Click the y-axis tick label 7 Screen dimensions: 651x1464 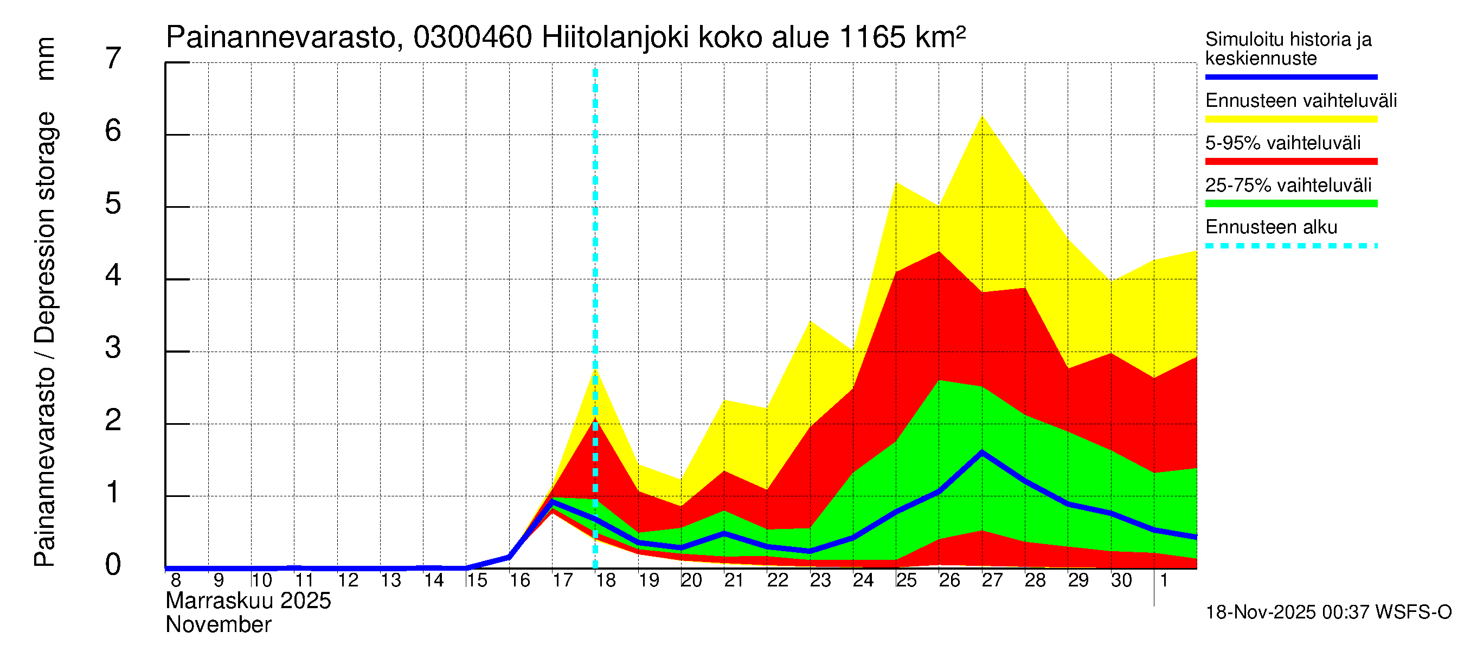[x=113, y=59]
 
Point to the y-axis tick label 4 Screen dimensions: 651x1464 [x=113, y=276]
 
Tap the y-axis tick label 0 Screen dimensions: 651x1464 [x=113, y=565]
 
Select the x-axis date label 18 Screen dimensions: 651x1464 [x=606, y=580]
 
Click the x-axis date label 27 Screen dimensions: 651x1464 [x=992, y=580]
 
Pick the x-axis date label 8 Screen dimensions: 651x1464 [x=176, y=580]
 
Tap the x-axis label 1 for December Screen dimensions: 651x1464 [x=1164, y=580]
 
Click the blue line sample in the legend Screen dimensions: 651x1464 [x=1290, y=76]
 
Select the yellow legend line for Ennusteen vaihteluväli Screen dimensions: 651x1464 [x=1290, y=119]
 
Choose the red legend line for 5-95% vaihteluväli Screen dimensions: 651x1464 [x=1290, y=162]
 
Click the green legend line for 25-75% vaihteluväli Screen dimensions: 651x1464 [x=1290, y=203]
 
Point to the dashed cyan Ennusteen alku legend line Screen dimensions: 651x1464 [x=1290, y=246]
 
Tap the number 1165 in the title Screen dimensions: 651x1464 [x=872, y=38]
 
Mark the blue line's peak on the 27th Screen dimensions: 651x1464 [x=982, y=452]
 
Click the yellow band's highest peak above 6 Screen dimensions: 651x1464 [x=982, y=117]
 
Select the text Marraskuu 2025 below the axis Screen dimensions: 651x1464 [x=248, y=601]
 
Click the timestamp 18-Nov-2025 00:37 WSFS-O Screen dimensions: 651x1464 [x=1328, y=612]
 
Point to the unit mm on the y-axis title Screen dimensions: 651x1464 [x=46, y=59]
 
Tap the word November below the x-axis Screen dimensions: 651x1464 [x=218, y=625]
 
